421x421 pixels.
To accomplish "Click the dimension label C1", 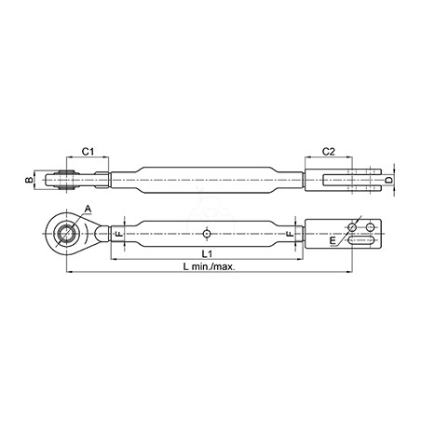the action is (88, 152).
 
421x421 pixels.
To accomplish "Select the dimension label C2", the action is (329, 152).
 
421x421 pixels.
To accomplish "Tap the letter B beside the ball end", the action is (29, 180).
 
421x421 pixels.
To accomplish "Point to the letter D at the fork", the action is (388, 180).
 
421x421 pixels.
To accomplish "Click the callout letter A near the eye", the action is (88, 209).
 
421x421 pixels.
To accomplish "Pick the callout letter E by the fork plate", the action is (333, 240).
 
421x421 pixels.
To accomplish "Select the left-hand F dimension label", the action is (118, 234).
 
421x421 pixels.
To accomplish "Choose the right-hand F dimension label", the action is (290, 234).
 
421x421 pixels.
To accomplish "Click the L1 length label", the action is (207, 253).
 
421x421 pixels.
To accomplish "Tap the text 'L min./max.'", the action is (209, 266).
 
